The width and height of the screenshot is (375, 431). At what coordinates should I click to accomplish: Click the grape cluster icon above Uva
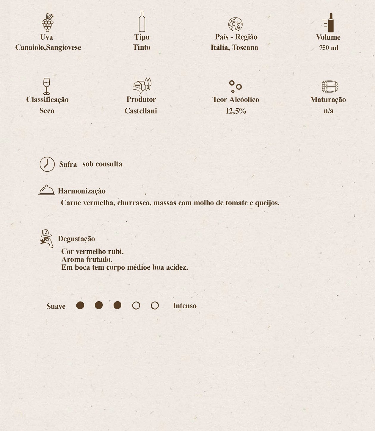pyautogui.click(x=47, y=22)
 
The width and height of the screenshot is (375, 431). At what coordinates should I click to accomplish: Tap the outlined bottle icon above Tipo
pyautogui.click(x=142, y=21)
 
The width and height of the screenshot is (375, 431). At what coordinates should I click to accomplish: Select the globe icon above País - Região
pyautogui.click(x=235, y=24)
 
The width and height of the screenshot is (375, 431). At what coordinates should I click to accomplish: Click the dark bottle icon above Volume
pyautogui.click(x=330, y=23)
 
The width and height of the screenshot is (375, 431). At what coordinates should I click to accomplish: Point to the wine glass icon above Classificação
pyautogui.click(x=46, y=86)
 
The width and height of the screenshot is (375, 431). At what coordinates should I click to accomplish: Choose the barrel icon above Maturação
pyautogui.click(x=330, y=87)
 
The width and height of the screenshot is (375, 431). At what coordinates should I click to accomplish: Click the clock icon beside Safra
pyautogui.click(x=47, y=164)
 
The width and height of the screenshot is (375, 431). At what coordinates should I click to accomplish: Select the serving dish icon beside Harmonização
pyautogui.click(x=47, y=190)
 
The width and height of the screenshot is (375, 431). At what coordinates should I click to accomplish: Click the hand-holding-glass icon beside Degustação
pyautogui.click(x=47, y=238)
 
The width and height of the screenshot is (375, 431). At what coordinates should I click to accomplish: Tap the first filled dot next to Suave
pyautogui.click(x=80, y=305)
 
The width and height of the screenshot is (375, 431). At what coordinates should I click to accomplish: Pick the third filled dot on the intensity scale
pyautogui.click(x=117, y=305)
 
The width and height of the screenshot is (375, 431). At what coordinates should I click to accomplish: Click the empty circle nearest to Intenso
pyautogui.click(x=155, y=306)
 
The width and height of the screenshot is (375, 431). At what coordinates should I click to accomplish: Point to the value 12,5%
pyautogui.click(x=236, y=111)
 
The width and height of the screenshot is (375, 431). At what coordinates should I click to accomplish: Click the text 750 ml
pyautogui.click(x=329, y=48)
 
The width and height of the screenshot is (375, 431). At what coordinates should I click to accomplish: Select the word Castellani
pyautogui.click(x=141, y=111)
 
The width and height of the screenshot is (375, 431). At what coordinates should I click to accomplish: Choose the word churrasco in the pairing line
pyautogui.click(x=134, y=203)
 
